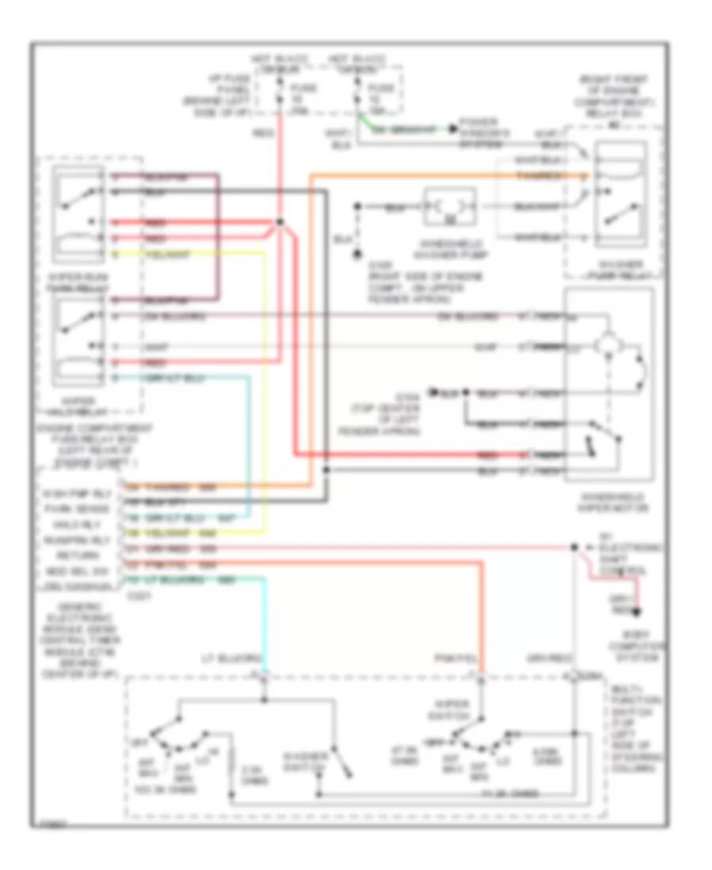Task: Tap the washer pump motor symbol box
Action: (450, 207)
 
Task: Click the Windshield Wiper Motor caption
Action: (610, 501)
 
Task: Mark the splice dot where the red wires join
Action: (278, 222)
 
